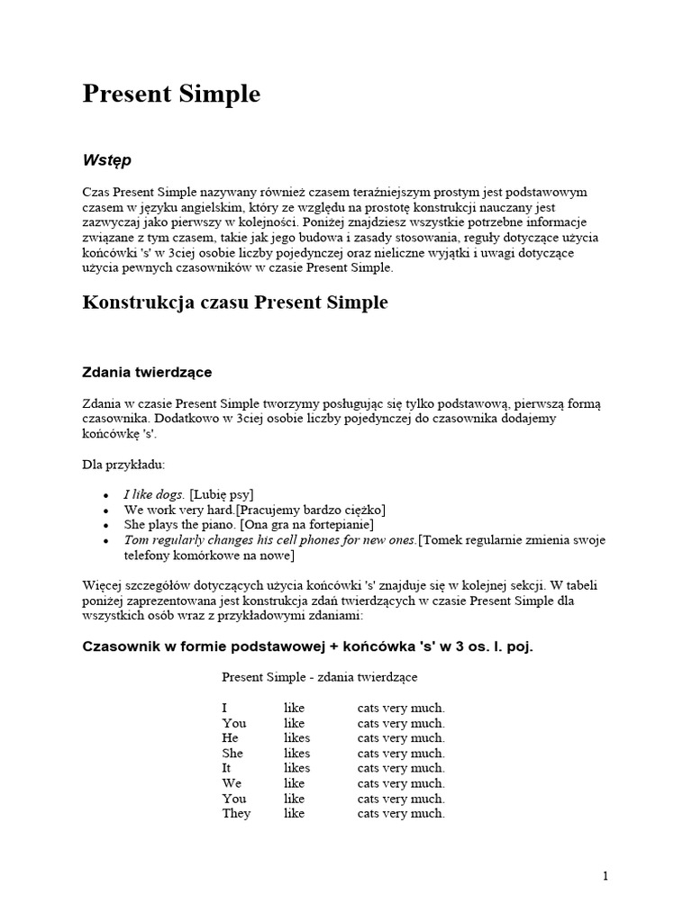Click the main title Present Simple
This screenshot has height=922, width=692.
tap(171, 95)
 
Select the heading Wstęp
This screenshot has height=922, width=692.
tap(106, 160)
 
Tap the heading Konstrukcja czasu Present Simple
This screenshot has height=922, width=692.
tap(235, 303)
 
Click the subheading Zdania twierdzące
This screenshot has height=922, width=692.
tap(147, 371)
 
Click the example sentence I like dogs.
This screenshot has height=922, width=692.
tap(155, 494)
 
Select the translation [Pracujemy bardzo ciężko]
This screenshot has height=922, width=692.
tap(312, 510)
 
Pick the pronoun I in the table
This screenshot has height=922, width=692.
tap(224, 708)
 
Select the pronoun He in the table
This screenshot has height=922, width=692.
tap(230, 738)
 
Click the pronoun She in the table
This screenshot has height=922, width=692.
tap(232, 753)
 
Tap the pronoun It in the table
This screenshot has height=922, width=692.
tap(227, 768)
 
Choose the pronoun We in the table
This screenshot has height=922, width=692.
tap(232, 783)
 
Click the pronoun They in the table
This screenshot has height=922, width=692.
tap(236, 813)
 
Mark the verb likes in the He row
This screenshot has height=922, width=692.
tap(296, 738)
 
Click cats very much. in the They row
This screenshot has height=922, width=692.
tap(401, 813)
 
